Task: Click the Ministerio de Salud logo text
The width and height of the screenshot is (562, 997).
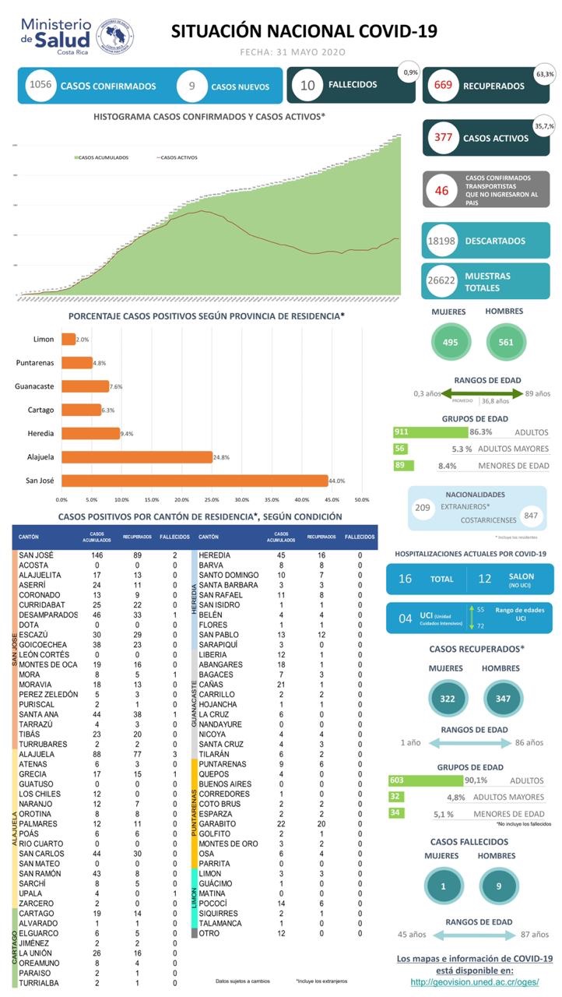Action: pos(56,34)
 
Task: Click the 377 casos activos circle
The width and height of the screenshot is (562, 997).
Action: pos(444,138)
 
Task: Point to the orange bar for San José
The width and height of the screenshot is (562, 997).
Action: pos(195,481)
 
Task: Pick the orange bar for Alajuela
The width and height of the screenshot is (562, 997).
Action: pos(137,456)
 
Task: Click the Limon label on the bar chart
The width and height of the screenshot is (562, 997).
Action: pos(44,340)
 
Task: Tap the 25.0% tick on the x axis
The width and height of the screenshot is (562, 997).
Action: pos(211,499)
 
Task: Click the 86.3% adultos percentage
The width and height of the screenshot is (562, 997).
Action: pos(480,432)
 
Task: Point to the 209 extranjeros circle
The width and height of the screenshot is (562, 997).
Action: pos(423,508)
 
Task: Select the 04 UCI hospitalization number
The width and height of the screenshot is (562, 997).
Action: pos(406,618)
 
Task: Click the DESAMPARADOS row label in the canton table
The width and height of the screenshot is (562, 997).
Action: pos(48,615)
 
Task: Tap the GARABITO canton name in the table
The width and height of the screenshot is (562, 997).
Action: pos(217,823)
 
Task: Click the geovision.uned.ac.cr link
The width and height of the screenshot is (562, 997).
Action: pos(474,982)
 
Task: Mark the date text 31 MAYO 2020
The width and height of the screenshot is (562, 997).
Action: pos(293,52)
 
